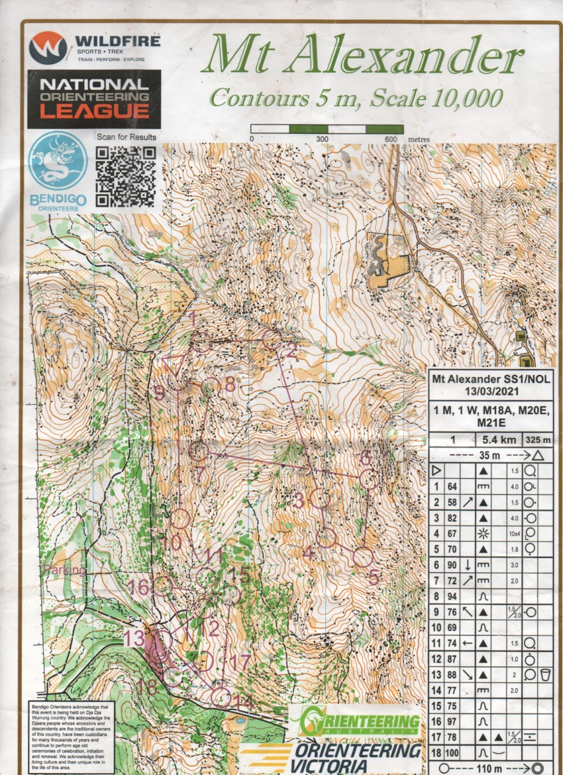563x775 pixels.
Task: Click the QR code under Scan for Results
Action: point(126,176)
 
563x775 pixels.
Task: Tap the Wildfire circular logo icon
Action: point(48,48)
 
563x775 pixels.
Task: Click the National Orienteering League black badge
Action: point(93,99)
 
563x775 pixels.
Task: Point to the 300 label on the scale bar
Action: point(323,140)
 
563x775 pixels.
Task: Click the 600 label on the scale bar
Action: point(390,140)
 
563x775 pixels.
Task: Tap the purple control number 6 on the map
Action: point(365,458)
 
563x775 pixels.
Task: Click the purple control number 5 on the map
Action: point(373,577)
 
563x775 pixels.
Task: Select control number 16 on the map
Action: point(139,587)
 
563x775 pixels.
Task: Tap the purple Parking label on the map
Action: point(64,570)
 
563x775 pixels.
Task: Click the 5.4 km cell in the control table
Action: point(497,439)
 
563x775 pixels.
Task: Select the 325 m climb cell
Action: point(537,439)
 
